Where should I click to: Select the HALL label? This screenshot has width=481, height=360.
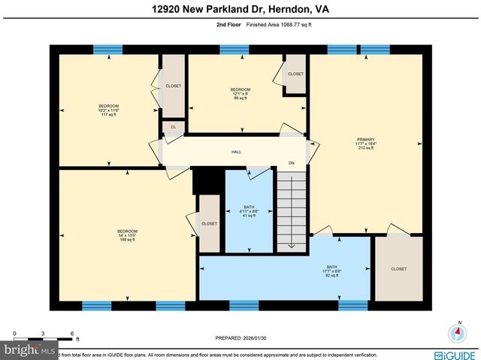coord(236,152)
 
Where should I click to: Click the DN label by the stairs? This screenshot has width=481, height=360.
coord(292,163)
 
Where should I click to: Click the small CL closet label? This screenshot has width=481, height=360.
coord(173,127)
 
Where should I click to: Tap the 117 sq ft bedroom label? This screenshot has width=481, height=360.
coord(108,110)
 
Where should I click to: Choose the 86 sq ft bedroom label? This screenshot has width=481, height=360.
coord(240,94)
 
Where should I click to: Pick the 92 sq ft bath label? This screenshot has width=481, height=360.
coord(332,271)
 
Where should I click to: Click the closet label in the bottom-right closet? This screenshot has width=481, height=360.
coord(398,268)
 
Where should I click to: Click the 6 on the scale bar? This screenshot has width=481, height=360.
coord(71,333)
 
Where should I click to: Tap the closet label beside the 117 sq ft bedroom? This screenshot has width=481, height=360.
coord(173,86)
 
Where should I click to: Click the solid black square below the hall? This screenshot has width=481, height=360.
coord(204,181)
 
